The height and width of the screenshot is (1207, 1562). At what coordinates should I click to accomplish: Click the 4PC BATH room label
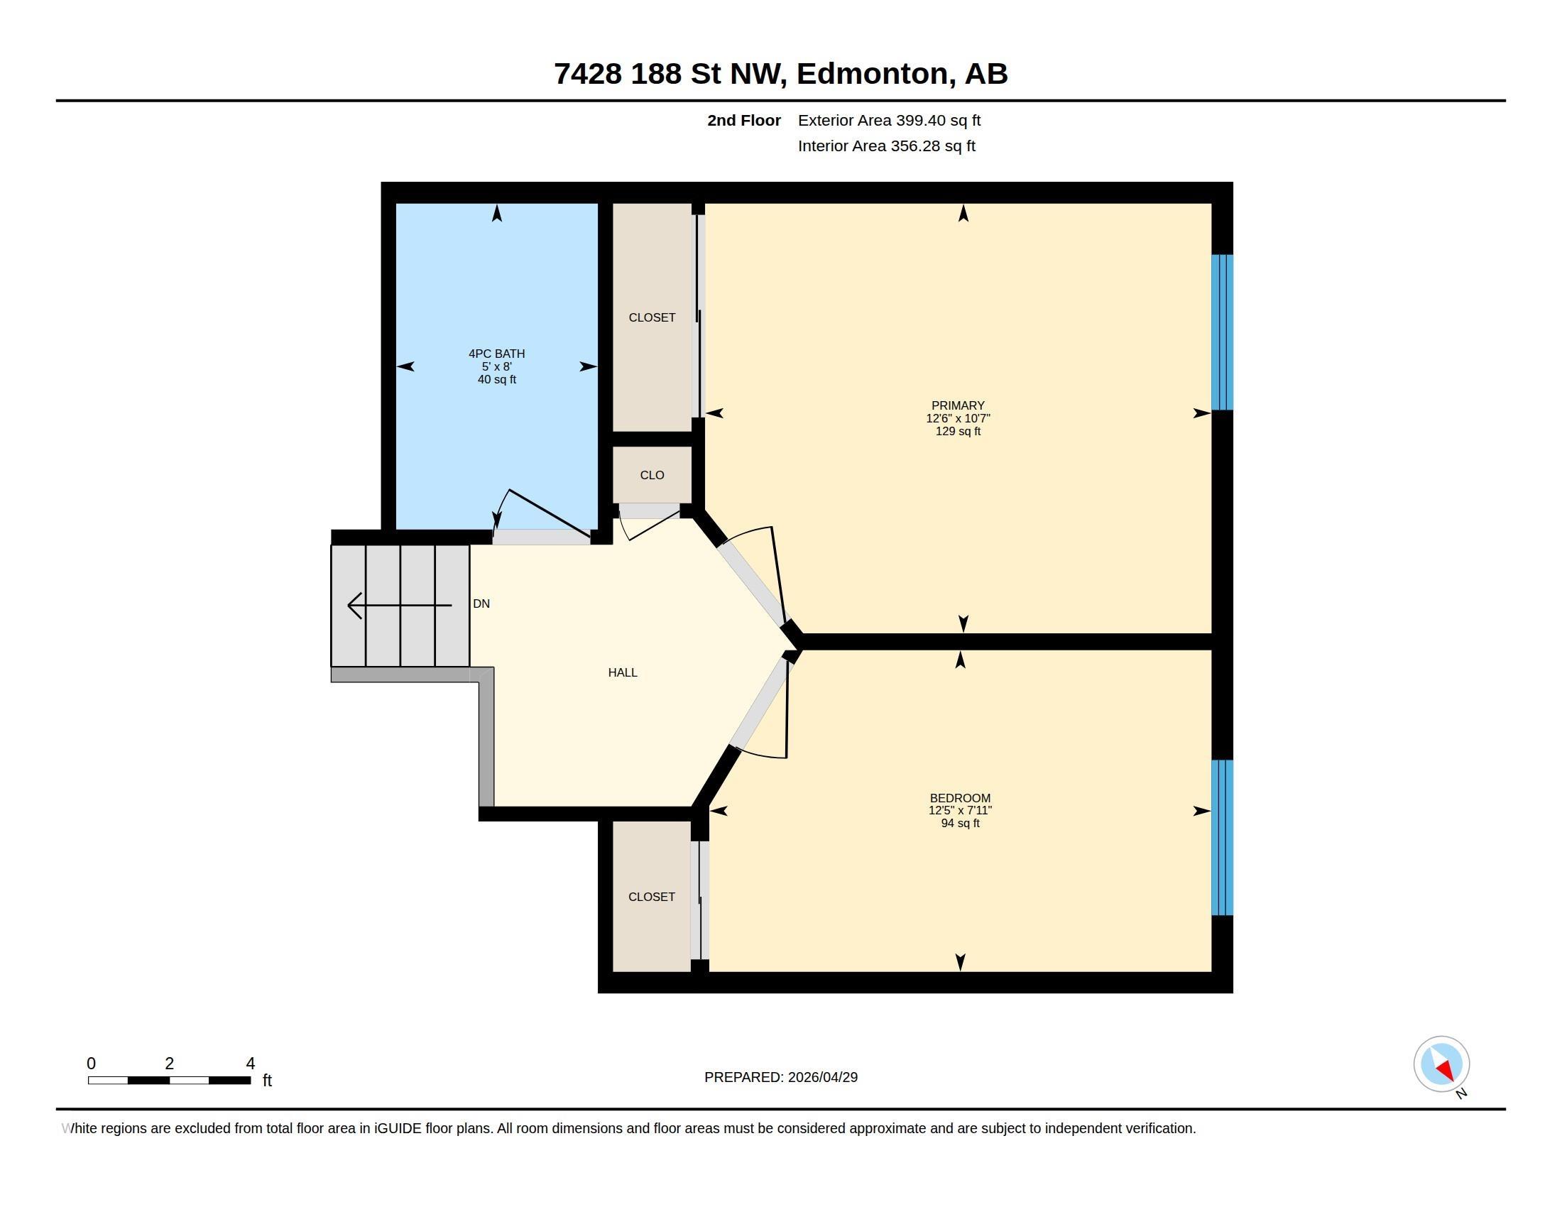(x=496, y=354)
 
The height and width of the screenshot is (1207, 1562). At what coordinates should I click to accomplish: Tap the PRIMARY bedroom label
(x=958, y=405)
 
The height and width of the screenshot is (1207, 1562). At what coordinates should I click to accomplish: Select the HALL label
(x=622, y=672)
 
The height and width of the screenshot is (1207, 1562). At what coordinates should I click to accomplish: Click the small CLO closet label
(x=652, y=475)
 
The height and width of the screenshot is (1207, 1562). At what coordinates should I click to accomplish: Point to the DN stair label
(x=481, y=603)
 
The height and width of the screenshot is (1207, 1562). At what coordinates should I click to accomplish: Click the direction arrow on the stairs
(x=399, y=605)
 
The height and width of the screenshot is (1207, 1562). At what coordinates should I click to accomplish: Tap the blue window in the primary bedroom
(x=1222, y=332)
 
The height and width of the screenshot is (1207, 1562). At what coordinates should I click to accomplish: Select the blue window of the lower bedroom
(x=1222, y=837)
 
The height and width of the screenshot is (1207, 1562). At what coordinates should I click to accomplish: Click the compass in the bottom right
(x=1441, y=1064)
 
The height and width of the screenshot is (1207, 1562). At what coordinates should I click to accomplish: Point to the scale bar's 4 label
(x=251, y=1064)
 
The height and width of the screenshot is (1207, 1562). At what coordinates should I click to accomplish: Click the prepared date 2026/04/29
(x=822, y=1077)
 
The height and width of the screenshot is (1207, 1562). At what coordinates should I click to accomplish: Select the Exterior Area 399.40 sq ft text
(x=889, y=120)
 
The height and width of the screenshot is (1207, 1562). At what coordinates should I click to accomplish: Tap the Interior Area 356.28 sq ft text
(x=886, y=146)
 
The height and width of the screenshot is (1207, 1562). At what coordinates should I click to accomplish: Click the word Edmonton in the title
(x=876, y=74)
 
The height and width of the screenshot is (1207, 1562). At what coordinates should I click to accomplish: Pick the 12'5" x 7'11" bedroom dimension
(x=960, y=810)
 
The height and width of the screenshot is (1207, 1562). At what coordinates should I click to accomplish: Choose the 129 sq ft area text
(x=958, y=431)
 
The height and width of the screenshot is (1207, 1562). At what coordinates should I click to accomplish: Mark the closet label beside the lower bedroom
(x=652, y=897)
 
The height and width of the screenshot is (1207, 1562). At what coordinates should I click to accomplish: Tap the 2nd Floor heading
(x=744, y=120)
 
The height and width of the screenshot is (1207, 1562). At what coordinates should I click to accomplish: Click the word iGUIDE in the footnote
(x=398, y=1128)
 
